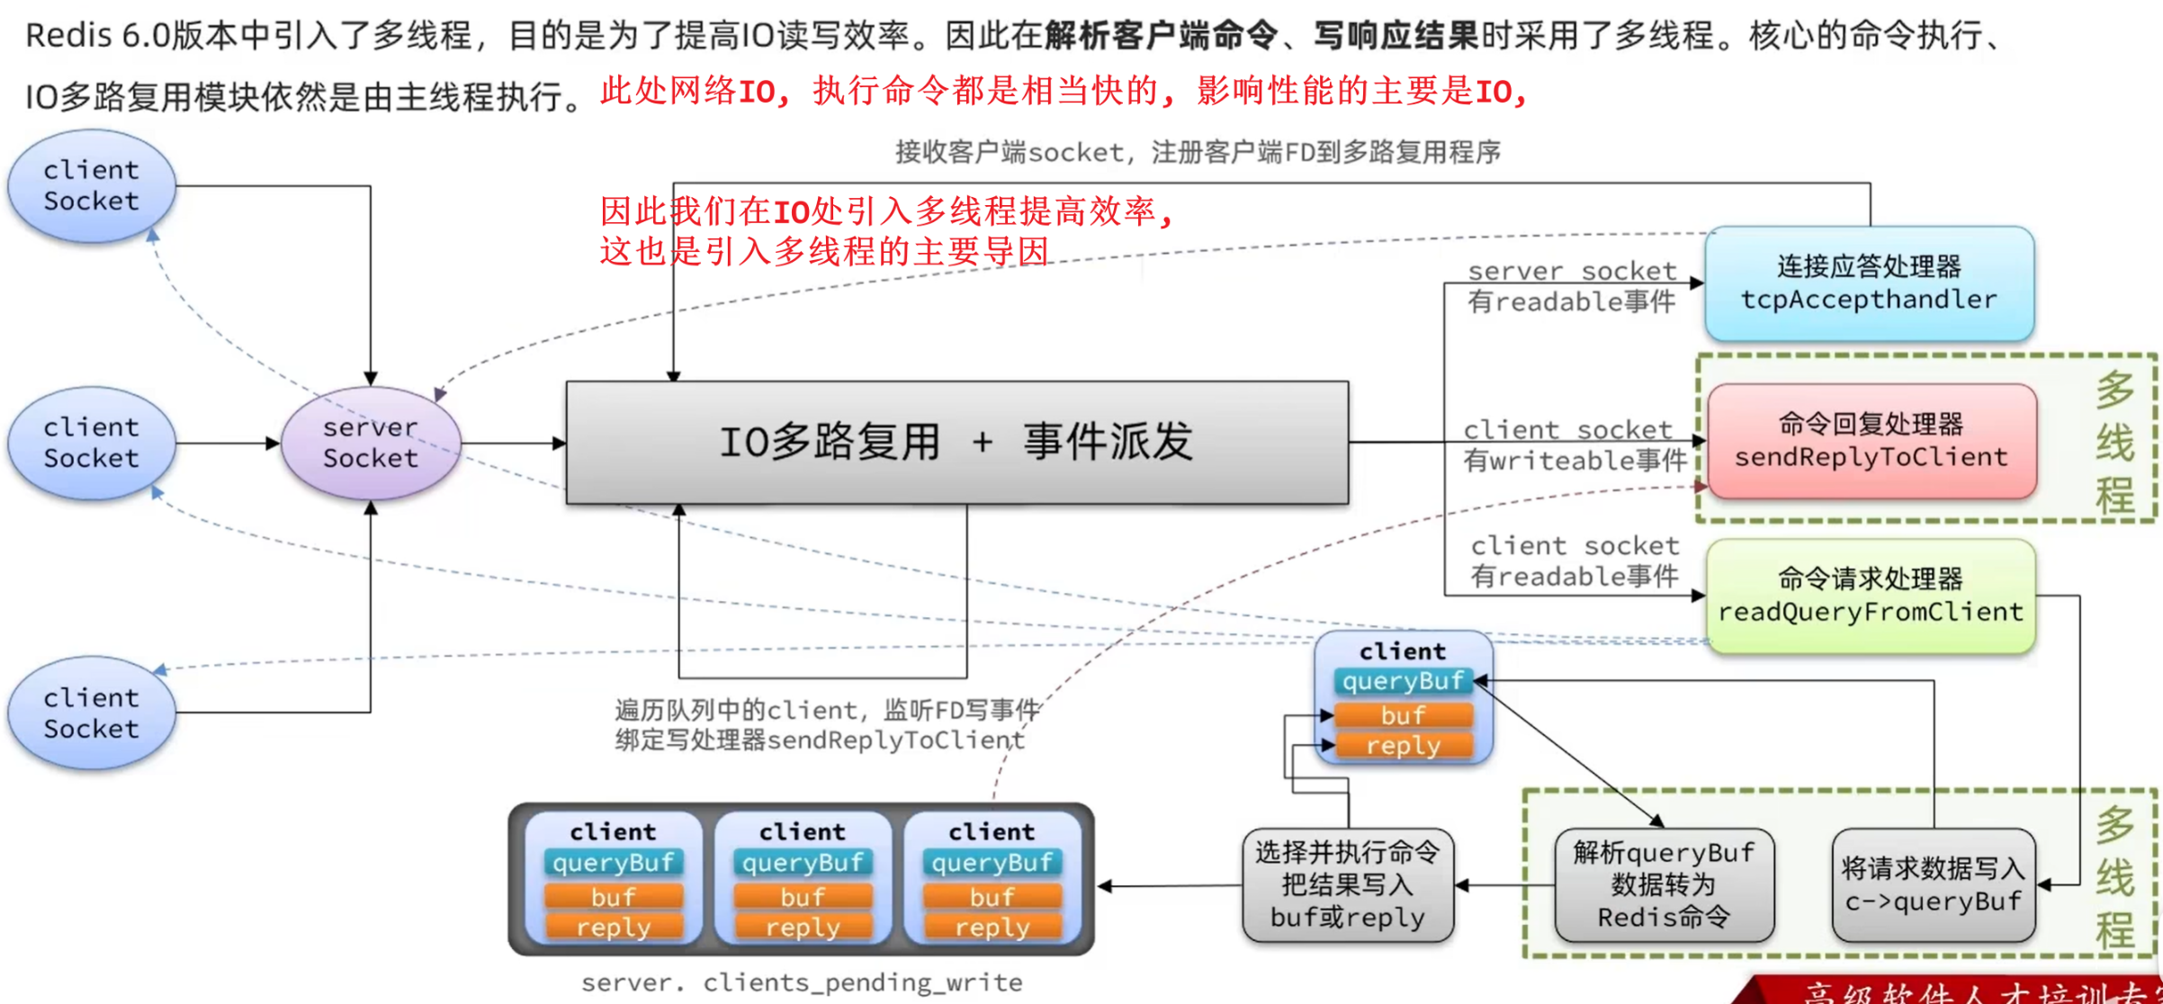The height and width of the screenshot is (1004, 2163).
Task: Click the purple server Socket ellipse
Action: (x=371, y=443)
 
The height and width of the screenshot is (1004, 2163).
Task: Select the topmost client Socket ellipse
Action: (x=92, y=186)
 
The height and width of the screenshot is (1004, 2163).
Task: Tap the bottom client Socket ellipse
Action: (x=92, y=713)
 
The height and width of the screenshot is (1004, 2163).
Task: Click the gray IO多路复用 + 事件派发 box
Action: (x=956, y=443)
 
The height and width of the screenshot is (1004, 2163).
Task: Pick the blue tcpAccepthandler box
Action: (x=1869, y=283)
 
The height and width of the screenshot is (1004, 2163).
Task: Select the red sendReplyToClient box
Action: (x=1871, y=441)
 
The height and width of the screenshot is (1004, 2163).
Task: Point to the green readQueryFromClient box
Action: (x=1871, y=596)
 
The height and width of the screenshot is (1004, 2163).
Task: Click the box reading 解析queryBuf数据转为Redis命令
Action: (x=1664, y=885)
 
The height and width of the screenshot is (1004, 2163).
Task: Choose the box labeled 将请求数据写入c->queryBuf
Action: (x=1933, y=885)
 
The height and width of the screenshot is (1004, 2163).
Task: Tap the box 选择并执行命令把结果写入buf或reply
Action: (x=1347, y=885)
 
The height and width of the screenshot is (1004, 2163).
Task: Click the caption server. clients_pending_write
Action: (x=802, y=982)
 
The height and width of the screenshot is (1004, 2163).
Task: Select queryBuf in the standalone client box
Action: (x=1403, y=682)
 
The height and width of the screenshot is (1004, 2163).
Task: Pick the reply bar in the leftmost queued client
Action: (x=614, y=928)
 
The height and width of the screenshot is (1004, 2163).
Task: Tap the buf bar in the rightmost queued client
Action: (x=992, y=897)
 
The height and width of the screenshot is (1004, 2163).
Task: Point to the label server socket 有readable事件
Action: (x=1572, y=286)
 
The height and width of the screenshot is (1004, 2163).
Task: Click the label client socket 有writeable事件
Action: (x=1573, y=445)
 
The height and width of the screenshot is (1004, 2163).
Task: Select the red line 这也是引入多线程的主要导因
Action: (x=824, y=251)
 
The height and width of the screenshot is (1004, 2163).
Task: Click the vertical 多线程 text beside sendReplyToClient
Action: (x=2114, y=443)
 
